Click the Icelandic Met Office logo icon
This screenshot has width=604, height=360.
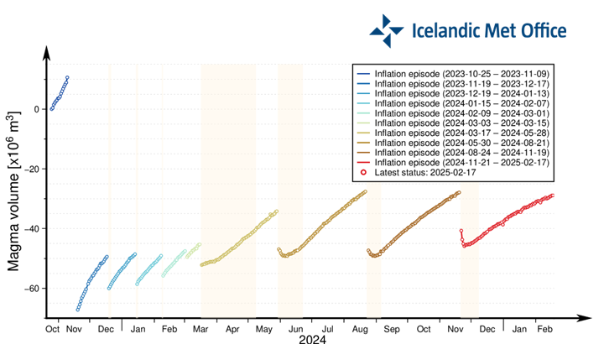point(387,30)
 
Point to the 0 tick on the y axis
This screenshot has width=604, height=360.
point(34,109)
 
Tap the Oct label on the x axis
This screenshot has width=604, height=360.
point(52,331)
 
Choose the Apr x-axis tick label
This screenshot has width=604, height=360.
point(233,331)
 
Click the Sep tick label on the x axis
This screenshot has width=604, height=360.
point(392,331)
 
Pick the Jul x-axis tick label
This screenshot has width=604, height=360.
point(328,331)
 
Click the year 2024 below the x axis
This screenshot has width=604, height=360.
point(312,342)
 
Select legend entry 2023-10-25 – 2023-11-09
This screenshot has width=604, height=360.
point(461,74)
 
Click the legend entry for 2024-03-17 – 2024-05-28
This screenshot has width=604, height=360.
point(461,133)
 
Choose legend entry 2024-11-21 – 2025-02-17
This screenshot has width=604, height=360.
point(461,163)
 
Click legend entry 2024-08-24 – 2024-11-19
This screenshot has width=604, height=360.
point(461,153)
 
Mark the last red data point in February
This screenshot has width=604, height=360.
point(552,196)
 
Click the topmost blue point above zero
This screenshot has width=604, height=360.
point(67,78)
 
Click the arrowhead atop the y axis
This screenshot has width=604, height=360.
point(48,51)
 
